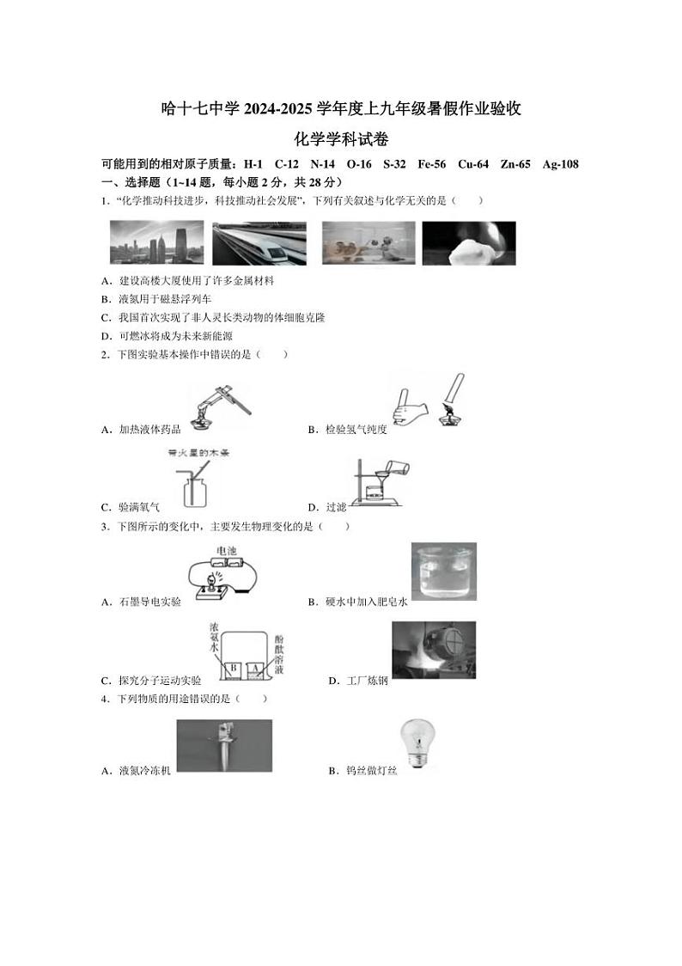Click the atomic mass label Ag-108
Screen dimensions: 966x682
[x=560, y=164]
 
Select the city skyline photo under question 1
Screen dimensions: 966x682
[x=157, y=242]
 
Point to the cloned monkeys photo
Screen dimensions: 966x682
[x=368, y=242]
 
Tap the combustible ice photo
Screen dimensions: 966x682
[x=469, y=242]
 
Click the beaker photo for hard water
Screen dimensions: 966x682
[x=444, y=571]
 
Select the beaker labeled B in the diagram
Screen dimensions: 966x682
[x=231, y=668]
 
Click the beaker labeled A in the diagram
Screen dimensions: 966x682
[x=254, y=668]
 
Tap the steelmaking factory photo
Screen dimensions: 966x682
[x=433, y=650]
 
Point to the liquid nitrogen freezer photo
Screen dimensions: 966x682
[x=223, y=745]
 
